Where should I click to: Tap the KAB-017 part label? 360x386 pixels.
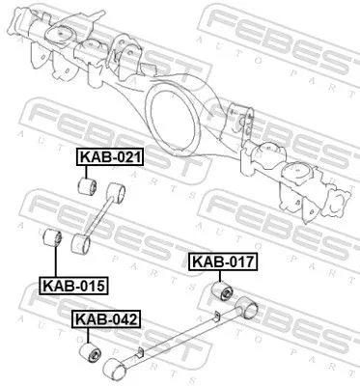click(x=223, y=262)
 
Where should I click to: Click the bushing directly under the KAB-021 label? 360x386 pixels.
click(x=86, y=184)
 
